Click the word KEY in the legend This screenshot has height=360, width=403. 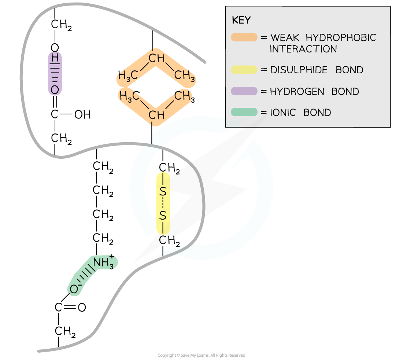click(x=241, y=21)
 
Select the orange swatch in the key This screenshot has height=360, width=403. click(x=244, y=37)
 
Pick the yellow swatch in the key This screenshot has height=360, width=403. click(x=244, y=70)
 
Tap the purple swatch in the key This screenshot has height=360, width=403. click(x=244, y=91)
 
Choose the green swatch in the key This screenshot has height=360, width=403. click(x=244, y=112)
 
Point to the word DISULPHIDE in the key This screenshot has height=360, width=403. click(x=299, y=70)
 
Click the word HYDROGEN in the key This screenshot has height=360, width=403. click(x=297, y=92)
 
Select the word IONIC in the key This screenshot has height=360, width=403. click(x=283, y=113)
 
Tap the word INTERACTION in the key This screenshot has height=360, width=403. click(x=303, y=49)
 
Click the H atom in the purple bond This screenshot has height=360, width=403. click(x=55, y=58)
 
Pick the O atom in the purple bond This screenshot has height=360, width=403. click(x=55, y=90)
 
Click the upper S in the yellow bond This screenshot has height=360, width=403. click(x=163, y=191)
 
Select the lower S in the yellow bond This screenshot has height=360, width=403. click(x=163, y=216)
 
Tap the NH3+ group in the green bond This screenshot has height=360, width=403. click(x=103, y=263)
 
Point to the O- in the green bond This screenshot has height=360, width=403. click(x=74, y=290)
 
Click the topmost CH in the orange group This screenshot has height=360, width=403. click(x=156, y=58)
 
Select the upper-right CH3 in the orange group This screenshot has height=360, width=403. click(x=184, y=76)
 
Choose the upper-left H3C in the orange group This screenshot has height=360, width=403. click(x=128, y=76)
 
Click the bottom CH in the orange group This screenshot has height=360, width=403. click(x=156, y=115)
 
